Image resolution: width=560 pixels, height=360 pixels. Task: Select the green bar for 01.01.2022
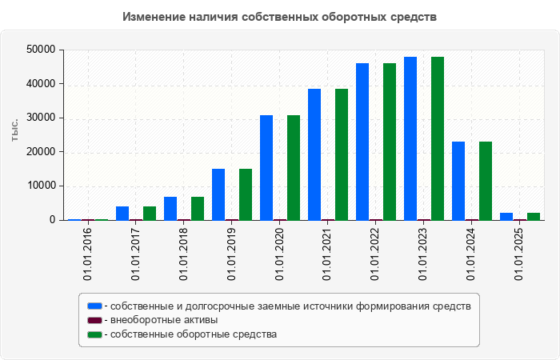point(390,142)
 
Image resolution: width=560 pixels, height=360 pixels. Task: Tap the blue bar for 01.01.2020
point(266,167)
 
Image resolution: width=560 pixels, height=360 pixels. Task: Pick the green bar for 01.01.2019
point(246,194)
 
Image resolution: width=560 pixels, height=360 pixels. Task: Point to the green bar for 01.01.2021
point(342,154)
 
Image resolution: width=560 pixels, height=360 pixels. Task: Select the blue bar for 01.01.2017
point(122,213)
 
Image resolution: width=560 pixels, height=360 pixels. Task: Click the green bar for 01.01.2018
point(198,208)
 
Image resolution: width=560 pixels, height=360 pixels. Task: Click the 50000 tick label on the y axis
point(41,50)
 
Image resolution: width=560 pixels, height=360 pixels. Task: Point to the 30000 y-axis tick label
point(41,118)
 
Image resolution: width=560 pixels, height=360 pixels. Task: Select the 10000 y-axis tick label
point(41,186)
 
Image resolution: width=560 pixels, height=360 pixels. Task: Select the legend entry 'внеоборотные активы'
point(164,320)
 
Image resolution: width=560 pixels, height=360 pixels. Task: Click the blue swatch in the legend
point(95,306)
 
